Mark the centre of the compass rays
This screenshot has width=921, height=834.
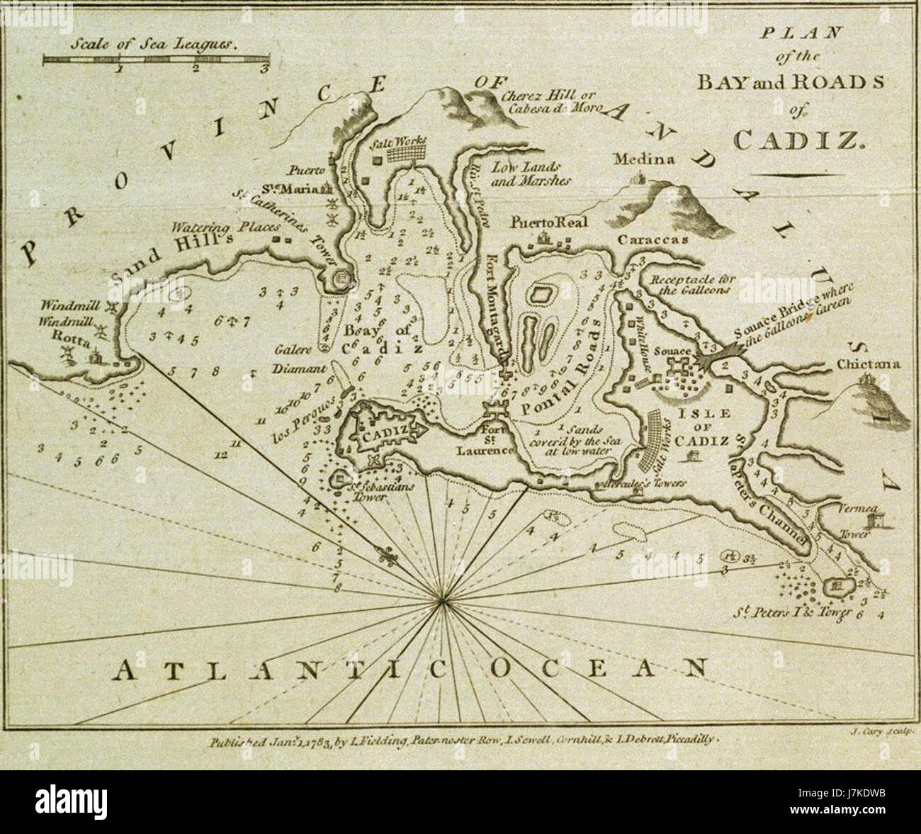click(x=442, y=602)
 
